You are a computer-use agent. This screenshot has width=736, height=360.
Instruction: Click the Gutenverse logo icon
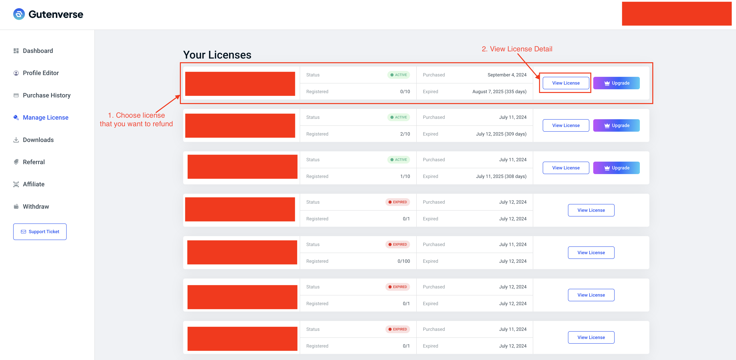coord(19,14)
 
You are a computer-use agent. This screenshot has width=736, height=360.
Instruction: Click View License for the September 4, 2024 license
coord(566,83)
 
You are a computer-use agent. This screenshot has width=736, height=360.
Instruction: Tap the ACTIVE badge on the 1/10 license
coord(399,160)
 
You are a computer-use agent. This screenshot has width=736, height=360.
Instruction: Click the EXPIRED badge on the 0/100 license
coord(397,244)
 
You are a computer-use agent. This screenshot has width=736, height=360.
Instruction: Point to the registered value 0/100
coord(404,261)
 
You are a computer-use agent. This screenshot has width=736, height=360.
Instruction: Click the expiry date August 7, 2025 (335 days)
coord(499,92)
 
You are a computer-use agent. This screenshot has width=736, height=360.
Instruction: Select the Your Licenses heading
coord(217,55)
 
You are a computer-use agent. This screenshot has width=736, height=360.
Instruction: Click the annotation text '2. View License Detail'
coord(517,49)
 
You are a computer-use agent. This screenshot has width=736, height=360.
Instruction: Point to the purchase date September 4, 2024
coord(507,75)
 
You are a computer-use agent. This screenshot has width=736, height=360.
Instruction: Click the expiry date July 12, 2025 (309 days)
coord(501,134)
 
